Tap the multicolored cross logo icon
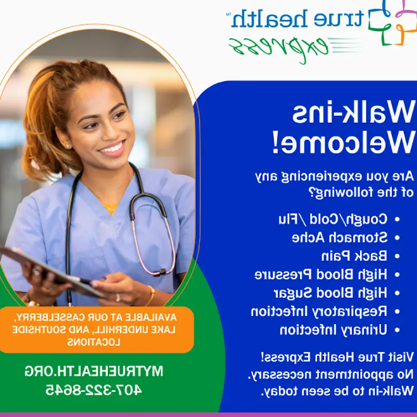pyautogui.click(x=393, y=23)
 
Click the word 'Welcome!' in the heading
pyautogui.click(x=344, y=142)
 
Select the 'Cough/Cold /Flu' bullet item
pyautogui.click(x=333, y=219)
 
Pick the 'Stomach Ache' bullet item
pyautogui.click(x=340, y=237)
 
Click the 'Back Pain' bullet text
pyautogui.click(x=354, y=256)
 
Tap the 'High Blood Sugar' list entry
pyautogui.click(x=331, y=293)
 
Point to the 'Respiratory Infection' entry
pyautogui.click(x=319, y=311)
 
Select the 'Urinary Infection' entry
pyautogui.click(x=333, y=330)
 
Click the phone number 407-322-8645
pyautogui.click(x=93, y=390)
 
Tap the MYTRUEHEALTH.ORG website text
pyautogui.click(x=93, y=371)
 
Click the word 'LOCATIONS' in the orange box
pyautogui.click(x=93, y=342)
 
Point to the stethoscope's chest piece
pyautogui.click(x=160, y=272)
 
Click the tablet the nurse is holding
pyautogui.click(x=50, y=272)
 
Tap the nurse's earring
pyautogui.click(x=66, y=146)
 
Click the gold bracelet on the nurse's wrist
pyautogui.click(x=151, y=295)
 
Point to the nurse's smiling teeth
pyautogui.click(x=112, y=148)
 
